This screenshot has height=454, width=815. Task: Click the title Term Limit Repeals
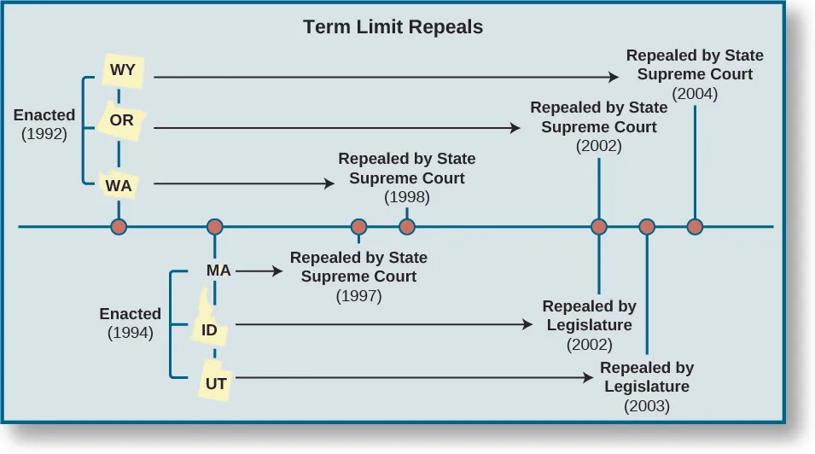click(x=393, y=27)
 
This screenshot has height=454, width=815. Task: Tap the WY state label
click(x=123, y=70)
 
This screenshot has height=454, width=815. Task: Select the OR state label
click(x=122, y=120)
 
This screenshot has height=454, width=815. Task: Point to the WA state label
click(x=119, y=183)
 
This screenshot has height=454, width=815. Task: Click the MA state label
click(x=218, y=271)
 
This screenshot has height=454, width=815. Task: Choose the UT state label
click(x=216, y=384)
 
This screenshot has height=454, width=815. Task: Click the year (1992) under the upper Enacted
click(x=44, y=133)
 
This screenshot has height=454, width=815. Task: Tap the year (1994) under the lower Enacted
click(x=131, y=333)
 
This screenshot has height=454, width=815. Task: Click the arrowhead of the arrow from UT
click(x=590, y=377)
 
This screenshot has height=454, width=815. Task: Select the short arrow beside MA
click(x=259, y=271)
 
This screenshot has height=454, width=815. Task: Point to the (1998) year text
click(x=407, y=197)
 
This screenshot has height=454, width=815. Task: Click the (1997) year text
click(x=358, y=296)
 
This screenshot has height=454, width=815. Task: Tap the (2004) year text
click(x=695, y=94)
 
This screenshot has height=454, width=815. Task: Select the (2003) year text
click(x=647, y=406)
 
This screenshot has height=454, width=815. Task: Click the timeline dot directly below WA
click(x=119, y=227)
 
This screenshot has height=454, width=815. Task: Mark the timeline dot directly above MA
click(x=215, y=227)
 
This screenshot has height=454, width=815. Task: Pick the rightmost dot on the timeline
click(x=695, y=227)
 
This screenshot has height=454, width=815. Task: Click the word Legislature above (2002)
click(x=589, y=325)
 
